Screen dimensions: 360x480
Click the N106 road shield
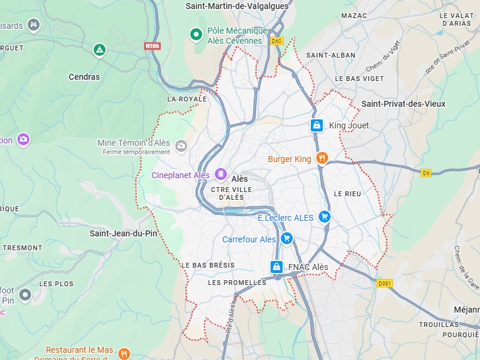[x=152, y=46]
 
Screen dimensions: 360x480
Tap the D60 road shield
[x=277, y=41]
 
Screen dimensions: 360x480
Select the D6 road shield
[x=426, y=173]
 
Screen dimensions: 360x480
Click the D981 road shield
[x=385, y=283]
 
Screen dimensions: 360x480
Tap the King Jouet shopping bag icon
[x=316, y=125]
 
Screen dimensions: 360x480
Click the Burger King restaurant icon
[x=322, y=158]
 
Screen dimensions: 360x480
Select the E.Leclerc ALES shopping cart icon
[x=325, y=217]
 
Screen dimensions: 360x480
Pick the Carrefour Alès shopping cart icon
[x=287, y=239]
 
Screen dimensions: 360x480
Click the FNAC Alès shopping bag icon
[x=277, y=266]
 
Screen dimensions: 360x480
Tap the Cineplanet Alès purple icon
[x=220, y=175]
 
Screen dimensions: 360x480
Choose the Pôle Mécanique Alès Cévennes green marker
[x=196, y=35]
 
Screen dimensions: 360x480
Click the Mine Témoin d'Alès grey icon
[x=181, y=145]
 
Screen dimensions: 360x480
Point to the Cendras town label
[x=85, y=77]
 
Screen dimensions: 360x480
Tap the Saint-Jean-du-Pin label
[x=123, y=233]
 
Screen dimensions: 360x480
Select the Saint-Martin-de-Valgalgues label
[x=237, y=6]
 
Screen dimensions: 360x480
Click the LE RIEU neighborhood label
[x=347, y=194]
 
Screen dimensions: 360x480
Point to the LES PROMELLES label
[x=236, y=282]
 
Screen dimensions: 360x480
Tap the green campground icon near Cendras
[x=100, y=50]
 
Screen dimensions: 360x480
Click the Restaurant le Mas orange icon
[x=124, y=353]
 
